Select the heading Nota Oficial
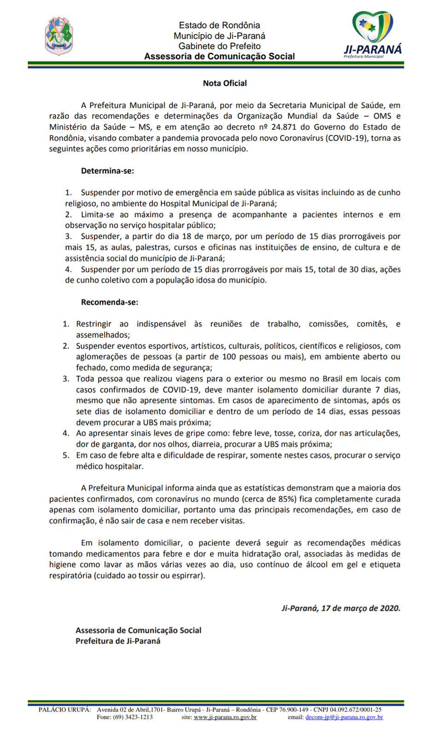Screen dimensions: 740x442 click(x=225, y=83)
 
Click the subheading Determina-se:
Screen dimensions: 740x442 click(x=107, y=171)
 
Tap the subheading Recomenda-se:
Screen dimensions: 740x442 click(x=110, y=302)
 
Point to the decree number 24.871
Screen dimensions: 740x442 click(x=283, y=127)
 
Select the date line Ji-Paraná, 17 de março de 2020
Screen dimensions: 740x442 click(x=341, y=608)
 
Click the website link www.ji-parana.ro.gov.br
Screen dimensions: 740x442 click(x=225, y=717)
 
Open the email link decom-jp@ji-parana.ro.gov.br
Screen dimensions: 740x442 click(x=344, y=717)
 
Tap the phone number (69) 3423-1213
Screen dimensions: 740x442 click(x=133, y=717)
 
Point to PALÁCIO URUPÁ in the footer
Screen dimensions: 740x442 click(x=64, y=710)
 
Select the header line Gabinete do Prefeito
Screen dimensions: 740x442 click(x=220, y=46)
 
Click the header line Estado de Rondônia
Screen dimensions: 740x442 click(x=220, y=25)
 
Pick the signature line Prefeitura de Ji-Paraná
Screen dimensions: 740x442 click(x=118, y=641)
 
